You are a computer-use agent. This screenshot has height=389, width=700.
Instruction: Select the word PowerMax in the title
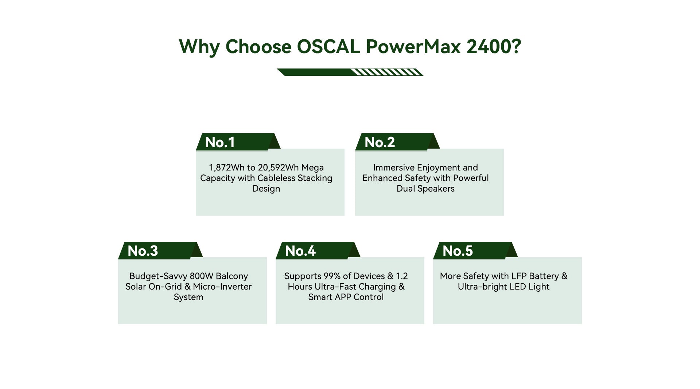pos(413,47)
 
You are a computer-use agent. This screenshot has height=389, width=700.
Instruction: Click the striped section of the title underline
pos(387,72)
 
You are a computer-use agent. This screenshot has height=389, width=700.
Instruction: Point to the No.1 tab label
pos(220,142)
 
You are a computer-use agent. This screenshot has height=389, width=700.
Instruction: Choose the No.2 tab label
pos(380,142)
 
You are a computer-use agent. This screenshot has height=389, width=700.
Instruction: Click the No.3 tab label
pos(143,251)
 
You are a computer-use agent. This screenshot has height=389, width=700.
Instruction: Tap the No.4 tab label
pos(300,251)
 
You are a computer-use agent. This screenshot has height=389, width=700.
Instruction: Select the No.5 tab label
pos(458,251)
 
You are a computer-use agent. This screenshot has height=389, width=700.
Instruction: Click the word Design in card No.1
pos(266,189)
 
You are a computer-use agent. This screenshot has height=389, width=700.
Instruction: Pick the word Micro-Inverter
pos(222,287)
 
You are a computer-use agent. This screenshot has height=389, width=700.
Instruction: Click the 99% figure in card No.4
pos(332,276)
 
